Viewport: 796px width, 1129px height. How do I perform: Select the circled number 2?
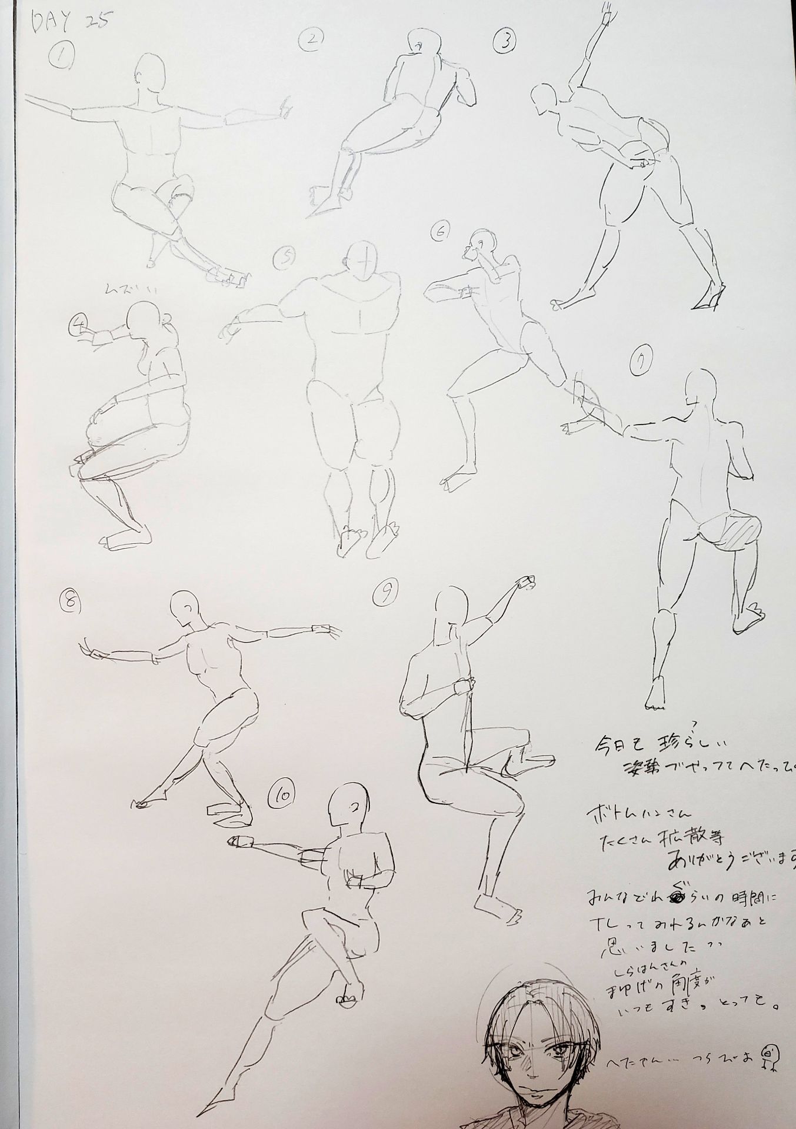click(x=311, y=40)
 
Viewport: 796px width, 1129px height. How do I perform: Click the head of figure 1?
click(x=149, y=74)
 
